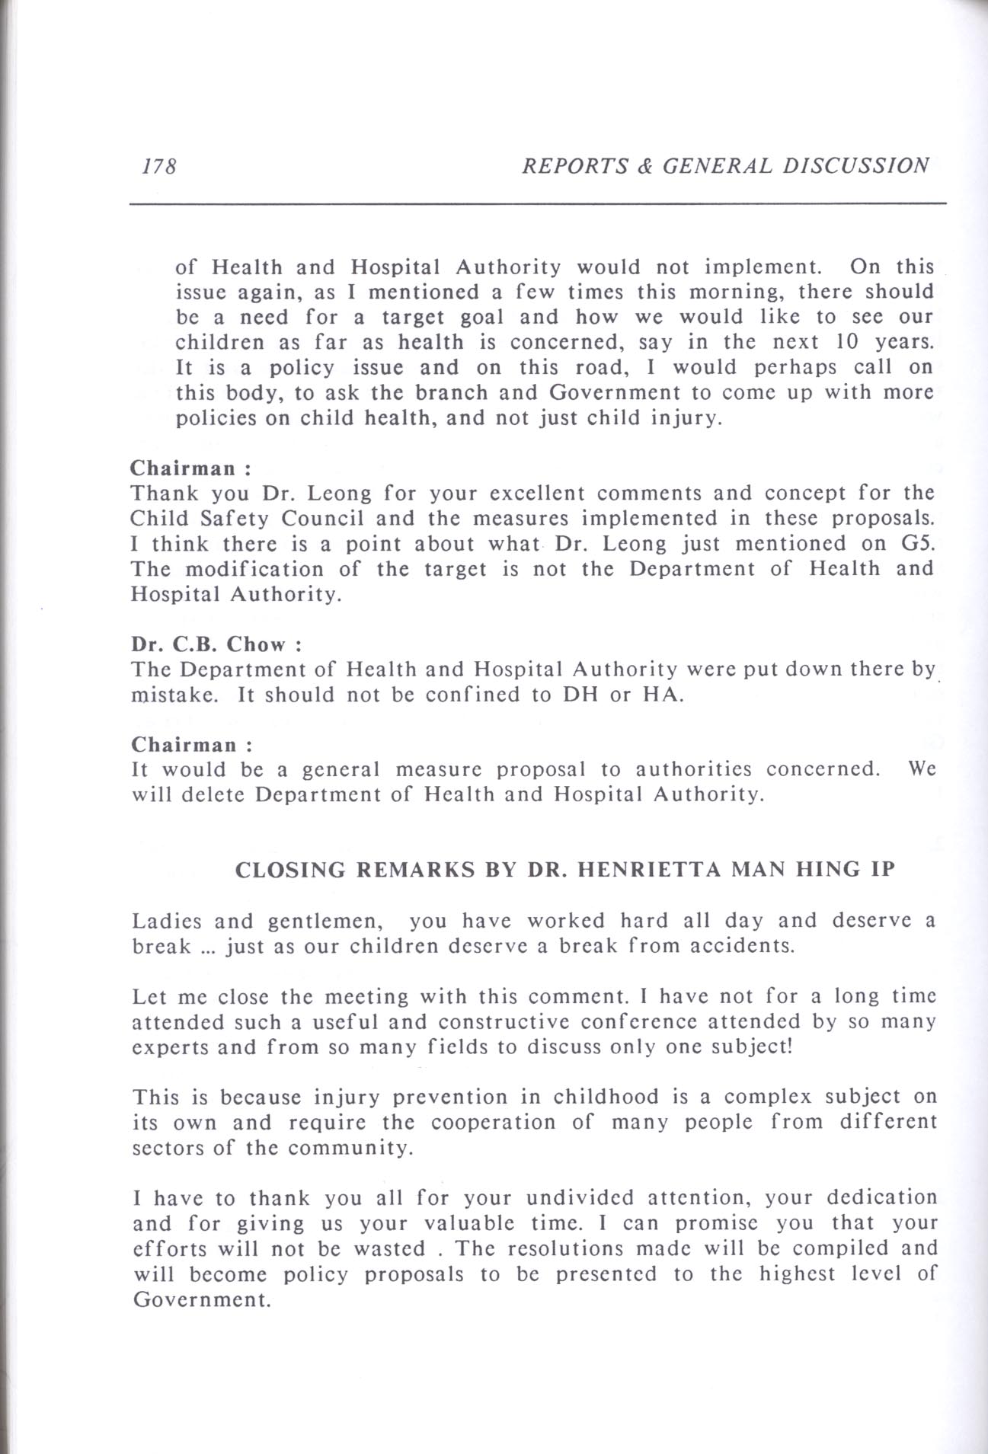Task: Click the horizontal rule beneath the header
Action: tap(537, 203)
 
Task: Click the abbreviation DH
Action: tap(577, 695)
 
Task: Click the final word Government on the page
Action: tap(202, 1299)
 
